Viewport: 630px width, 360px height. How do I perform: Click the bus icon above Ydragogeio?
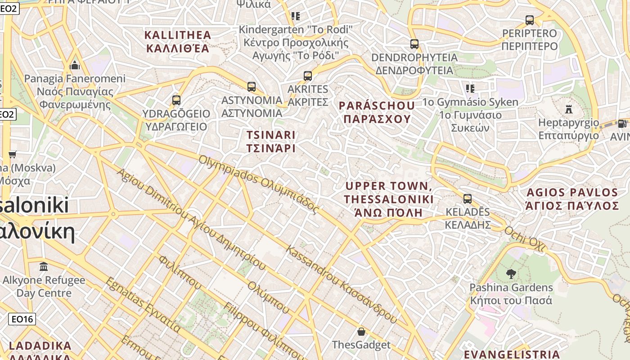(176, 100)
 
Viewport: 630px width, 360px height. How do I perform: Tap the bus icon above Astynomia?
(252, 86)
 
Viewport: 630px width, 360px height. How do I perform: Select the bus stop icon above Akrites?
(308, 76)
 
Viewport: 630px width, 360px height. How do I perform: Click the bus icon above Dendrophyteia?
(414, 44)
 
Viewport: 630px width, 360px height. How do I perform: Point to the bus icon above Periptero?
(530, 20)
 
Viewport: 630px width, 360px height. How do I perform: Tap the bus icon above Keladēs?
(468, 198)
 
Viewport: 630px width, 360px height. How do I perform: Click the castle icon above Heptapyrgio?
(569, 109)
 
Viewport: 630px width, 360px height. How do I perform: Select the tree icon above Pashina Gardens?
(511, 274)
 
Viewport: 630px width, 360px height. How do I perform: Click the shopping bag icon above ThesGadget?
(361, 332)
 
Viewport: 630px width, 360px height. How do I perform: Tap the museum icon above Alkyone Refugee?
(44, 267)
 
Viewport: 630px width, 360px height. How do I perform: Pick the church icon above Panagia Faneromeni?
(75, 66)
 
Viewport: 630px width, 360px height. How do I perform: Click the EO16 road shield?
(22, 319)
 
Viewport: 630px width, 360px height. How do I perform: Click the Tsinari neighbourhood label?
(271, 141)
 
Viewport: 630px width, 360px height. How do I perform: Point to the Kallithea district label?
(177, 41)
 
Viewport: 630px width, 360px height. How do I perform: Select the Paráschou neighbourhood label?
(377, 112)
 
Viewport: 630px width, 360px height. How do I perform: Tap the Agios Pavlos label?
(571, 199)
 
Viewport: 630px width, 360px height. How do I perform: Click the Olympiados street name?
(258, 184)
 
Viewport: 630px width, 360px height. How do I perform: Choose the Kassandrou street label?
(342, 284)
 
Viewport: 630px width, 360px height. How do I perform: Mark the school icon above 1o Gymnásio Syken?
(470, 88)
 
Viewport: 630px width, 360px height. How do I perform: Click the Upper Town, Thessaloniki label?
(389, 199)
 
